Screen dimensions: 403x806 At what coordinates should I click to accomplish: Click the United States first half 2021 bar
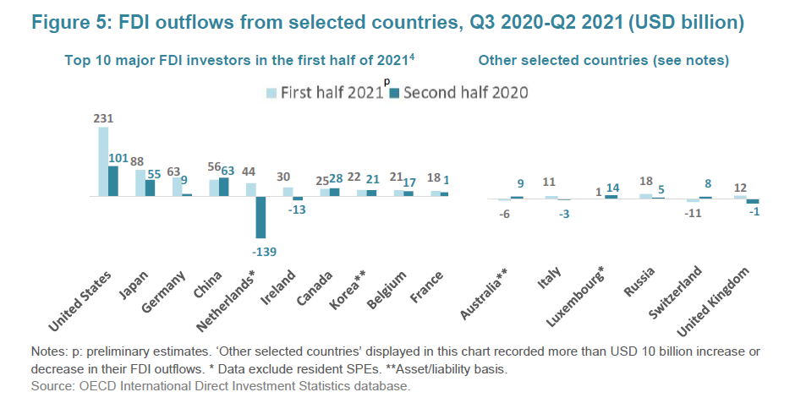click(x=104, y=161)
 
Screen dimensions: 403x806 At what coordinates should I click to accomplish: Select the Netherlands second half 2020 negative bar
click(x=260, y=217)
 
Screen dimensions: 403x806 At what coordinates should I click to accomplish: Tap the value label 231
click(x=104, y=119)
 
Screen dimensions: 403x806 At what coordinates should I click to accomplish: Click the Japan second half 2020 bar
click(x=150, y=188)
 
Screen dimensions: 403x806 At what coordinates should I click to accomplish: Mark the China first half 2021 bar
click(x=214, y=188)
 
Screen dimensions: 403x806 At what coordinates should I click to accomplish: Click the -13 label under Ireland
click(x=297, y=210)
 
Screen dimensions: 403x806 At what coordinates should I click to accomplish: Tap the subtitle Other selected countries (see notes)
click(x=603, y=60)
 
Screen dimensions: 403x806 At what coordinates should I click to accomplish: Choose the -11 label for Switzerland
click(x=693, y=212)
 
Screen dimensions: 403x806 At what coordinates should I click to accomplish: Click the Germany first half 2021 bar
click(x=177, y=187)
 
